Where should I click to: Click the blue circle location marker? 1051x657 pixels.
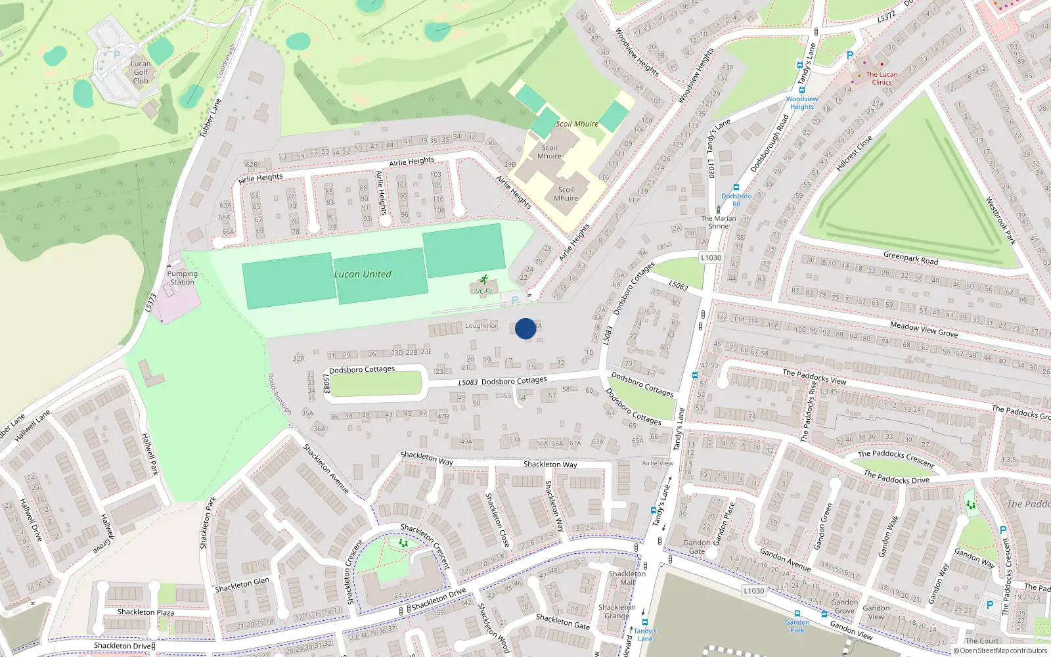click(525, 328)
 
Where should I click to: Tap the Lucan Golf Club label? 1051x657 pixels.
click(141, 72)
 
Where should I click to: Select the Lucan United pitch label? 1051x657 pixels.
click(363, 274)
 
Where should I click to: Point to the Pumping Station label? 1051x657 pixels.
click(182, 278)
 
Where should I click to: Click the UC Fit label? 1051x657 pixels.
click(483, 291)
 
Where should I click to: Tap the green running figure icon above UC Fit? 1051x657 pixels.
click(484, 279)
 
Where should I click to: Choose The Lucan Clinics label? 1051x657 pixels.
click(882, 78)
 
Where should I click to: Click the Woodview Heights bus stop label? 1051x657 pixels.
click(802, 103)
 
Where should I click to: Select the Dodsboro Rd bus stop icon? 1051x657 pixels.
click(736, 187)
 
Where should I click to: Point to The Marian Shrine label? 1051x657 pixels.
click(718, 222)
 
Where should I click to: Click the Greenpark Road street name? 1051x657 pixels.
click(910, 258)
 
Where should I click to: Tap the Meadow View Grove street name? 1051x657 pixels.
click(924, 329)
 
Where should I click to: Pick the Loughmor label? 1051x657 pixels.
click(481, 325)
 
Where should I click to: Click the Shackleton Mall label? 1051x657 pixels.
click(627, 578)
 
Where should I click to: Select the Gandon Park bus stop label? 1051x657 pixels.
click(797, 626)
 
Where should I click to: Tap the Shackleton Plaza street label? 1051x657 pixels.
click(146, 612)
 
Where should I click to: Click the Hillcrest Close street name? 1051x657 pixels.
click(854, 153)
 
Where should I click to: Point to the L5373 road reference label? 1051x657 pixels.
click(150, 302)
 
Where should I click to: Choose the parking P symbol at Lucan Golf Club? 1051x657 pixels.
click(117, 55)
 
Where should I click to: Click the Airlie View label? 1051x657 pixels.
click(658, 463)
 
